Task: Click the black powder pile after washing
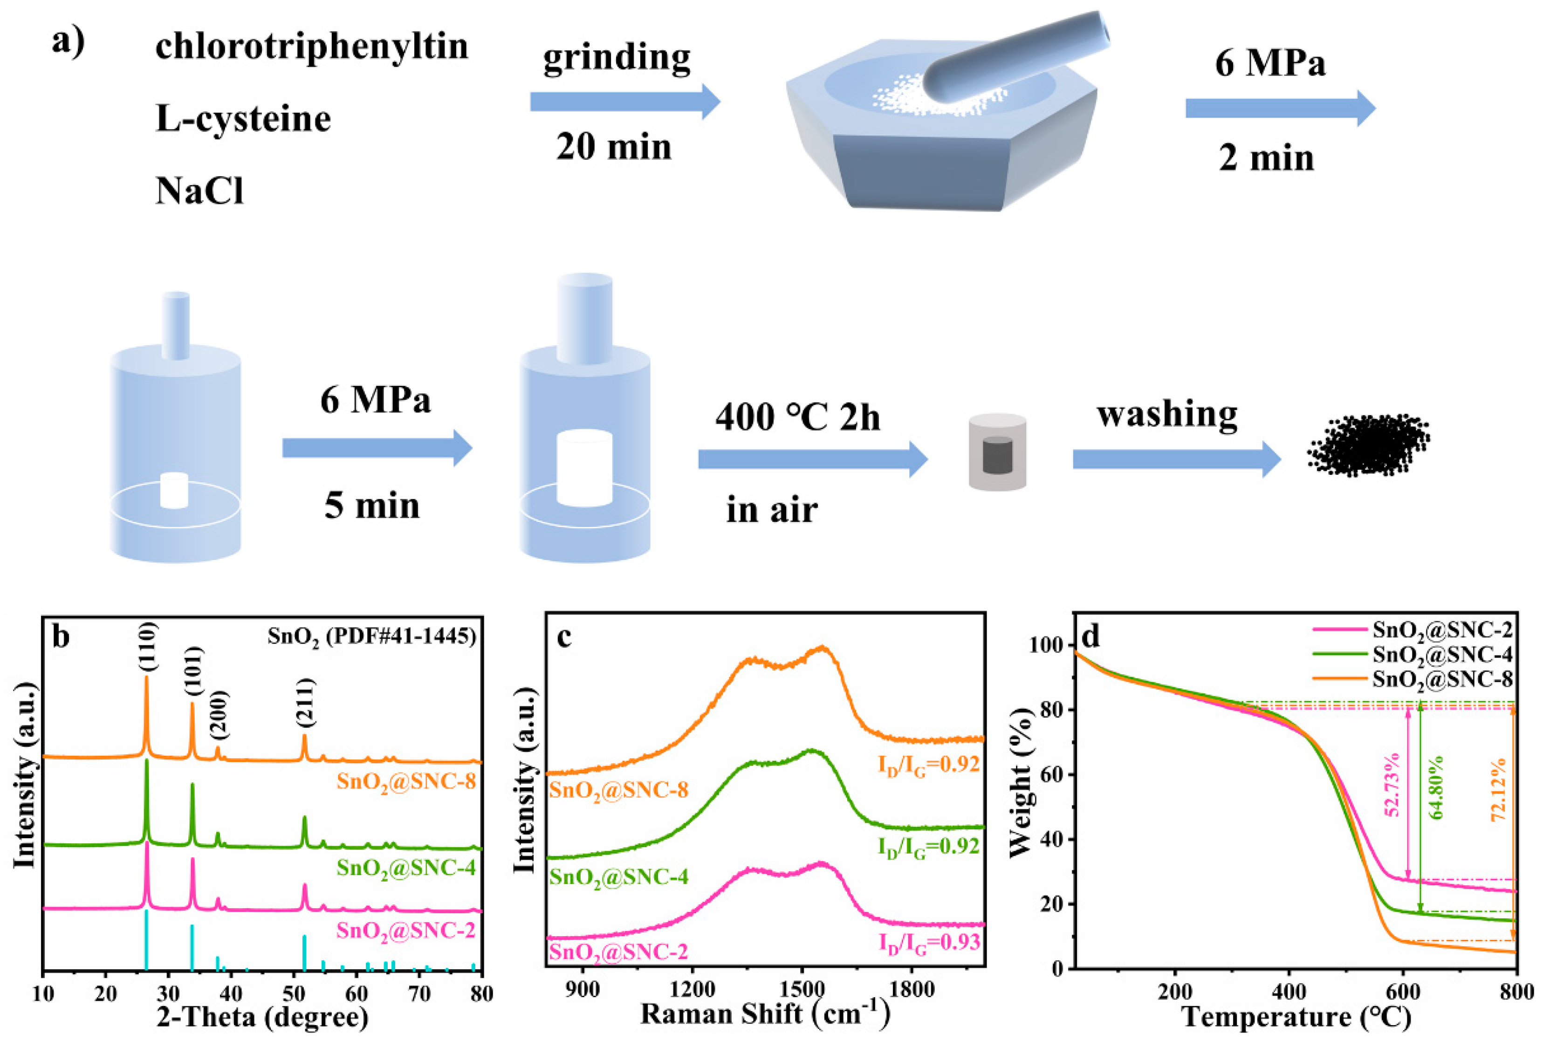click(x=1368, y=445)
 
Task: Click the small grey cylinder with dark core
click(x=997, y=453)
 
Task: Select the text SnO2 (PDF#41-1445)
click(x=372, y=636)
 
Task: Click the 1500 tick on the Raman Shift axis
click(x=802, y=990)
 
